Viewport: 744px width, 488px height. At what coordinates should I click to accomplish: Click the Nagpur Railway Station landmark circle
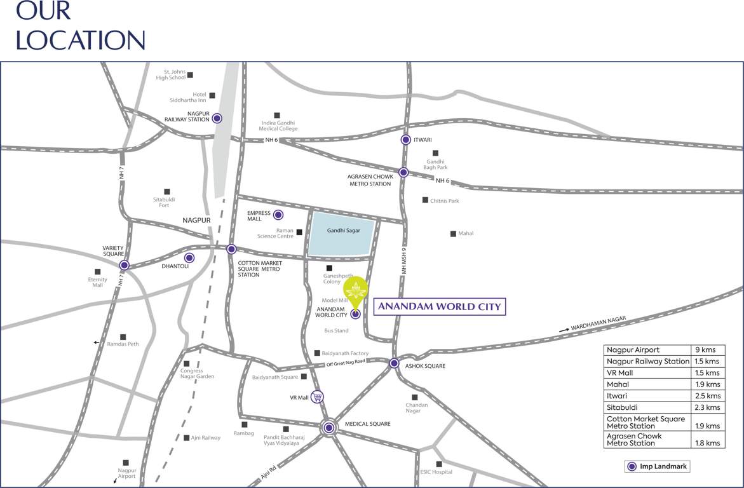point(217,118)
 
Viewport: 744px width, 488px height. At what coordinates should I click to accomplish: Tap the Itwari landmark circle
point(405,140)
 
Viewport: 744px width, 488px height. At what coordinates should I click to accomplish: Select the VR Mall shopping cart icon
point(318,397)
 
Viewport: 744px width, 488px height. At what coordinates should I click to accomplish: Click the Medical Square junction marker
point(328,428)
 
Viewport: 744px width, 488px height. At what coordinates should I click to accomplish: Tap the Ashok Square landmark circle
point(394,363)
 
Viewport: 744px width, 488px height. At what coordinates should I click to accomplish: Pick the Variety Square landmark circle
point(125,265)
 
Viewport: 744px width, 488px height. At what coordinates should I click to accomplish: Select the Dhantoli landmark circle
point(189,258)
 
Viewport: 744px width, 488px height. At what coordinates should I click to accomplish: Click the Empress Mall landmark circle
point(278,215)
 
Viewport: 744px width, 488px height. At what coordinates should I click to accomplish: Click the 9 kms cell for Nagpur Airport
point(708,350)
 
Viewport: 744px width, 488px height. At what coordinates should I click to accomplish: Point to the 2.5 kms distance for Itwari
point(708,396)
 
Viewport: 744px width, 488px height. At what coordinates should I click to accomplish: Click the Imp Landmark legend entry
point(657,466)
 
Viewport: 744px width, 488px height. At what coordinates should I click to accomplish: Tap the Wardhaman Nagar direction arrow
point(564,330)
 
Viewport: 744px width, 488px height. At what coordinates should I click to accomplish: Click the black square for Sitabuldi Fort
point(167,191)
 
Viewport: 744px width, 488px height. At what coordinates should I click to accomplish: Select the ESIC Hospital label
point(436,472)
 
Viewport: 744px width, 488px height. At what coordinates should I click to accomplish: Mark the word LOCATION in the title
point(81,39)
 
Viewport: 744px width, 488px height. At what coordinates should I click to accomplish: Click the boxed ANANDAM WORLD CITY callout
point(439,307)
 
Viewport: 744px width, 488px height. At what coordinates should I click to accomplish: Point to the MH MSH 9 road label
point(403,261)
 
